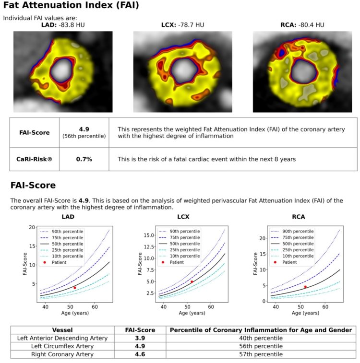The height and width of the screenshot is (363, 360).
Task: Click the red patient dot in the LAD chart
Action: click(x=75, y=288)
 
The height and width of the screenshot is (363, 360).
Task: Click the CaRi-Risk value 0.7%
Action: click(x=84, y=159)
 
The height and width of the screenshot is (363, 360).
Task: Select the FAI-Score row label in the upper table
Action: click(x=35, y=132)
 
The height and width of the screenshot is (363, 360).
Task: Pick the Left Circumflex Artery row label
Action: click(x=63, y=346)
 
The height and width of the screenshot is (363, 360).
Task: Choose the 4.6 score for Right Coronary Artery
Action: click(x=140, y=354)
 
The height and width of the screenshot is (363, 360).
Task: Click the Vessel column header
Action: click(x=63, y=330)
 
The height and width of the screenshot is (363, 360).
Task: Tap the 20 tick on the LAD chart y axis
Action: click(x=32, y=227)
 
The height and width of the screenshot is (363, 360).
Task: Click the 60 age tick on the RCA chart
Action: click(x=325, y=306)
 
